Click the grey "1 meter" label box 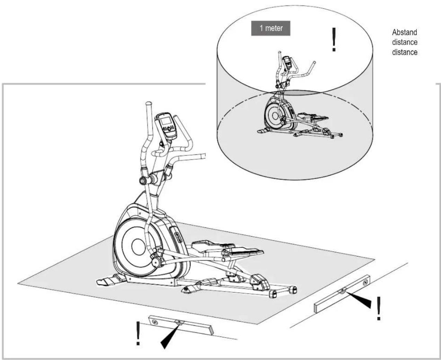pyautogui.click(x=271, y=28)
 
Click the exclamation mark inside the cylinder pyautogui.click(x=334, y=39)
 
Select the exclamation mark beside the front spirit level pyautogui.click(x=138, y=333)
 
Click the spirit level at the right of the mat pyautogui.click(x=342, y=294)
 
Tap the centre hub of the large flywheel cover pyautogui.click(x=138, y=246)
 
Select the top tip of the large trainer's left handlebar pyautogui.click(x=148, y=103)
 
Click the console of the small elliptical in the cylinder pyautogui.click(x=287, y=62)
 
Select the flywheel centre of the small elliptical pyautogui.click(x=275, y=116)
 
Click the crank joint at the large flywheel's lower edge pyautogui.click(x=156, y=262)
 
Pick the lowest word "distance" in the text pyautogui.click(x=405, y=52)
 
